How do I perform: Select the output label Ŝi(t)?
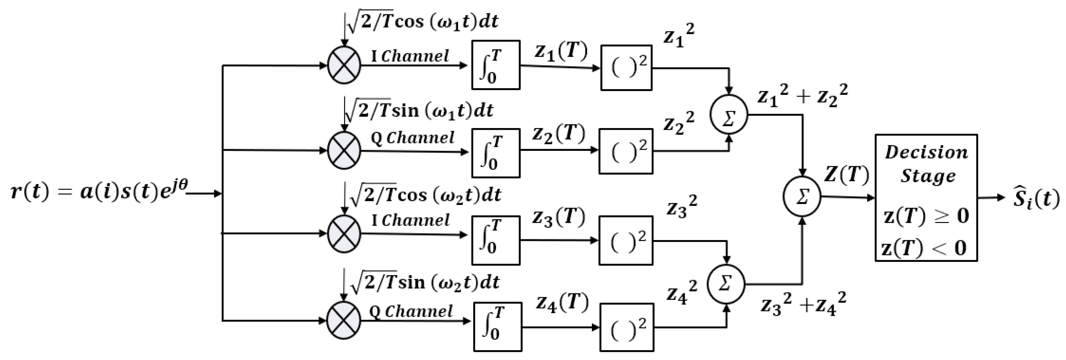coord(1035,199)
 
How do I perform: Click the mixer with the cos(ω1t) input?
coord(344,65)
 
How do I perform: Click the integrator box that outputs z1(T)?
coord(496,65)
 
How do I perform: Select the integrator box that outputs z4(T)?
coord(497,327)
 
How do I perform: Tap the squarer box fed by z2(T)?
coord(626,151)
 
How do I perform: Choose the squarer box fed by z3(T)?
coord(626,240)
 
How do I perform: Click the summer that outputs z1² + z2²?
coord(729,115)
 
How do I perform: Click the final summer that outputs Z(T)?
coord(802,197)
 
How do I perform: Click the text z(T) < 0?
coord(924,248)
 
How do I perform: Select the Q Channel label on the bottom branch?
coord(411,311)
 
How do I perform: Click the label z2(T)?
coord(558,133)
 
